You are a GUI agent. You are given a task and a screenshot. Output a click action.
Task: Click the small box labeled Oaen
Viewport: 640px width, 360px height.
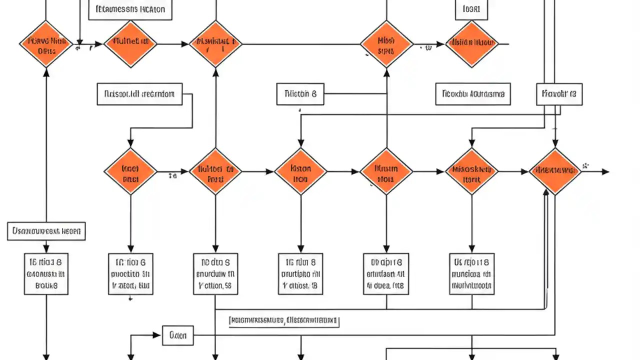[x=178, y=335]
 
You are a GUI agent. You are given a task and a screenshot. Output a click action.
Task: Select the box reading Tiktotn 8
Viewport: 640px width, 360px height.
[x=300, y=94]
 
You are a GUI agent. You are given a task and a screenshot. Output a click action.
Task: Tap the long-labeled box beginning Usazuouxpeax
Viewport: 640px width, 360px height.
[x=46, y=231]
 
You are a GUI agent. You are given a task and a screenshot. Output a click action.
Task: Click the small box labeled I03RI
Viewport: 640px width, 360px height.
[x=471, y=9]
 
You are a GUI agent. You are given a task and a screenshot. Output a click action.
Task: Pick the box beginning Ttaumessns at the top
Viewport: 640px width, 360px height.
[x=130, y=9]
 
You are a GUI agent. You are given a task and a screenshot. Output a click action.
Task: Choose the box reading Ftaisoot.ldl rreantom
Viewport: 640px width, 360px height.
[x=139, y=94]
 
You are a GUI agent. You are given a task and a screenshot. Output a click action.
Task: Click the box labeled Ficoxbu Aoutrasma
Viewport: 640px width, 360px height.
[x=473, y=94]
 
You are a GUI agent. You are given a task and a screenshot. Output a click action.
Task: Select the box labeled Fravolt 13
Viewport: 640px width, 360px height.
[x=559, y=94]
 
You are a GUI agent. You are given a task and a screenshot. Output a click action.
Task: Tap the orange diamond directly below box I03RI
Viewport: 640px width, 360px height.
[x=471, y=44]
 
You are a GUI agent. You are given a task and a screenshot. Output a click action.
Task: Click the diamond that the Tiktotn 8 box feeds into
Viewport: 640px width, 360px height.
[x=386, y=44]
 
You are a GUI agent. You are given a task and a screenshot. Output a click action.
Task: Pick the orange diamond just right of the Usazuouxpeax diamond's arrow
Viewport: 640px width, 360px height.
[x=130, y=44]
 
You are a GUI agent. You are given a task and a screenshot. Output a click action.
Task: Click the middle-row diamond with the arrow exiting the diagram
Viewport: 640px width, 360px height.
[x=555, y=171]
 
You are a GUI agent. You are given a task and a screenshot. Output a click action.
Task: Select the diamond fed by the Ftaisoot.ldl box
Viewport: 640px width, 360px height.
[x=130, y=171]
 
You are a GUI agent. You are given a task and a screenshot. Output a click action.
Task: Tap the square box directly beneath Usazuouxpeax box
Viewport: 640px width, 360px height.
[x=46, y=273]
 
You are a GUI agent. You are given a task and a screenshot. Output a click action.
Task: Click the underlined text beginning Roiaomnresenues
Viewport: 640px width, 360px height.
[x=283, y=321]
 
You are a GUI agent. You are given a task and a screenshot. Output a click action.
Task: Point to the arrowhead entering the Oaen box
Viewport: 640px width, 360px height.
[x=159, y=335]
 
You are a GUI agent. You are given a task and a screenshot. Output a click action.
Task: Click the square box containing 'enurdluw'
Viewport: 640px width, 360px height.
[x=215, y=273]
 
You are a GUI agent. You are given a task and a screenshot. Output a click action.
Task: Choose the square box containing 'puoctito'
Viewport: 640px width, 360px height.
[x=130, y=273]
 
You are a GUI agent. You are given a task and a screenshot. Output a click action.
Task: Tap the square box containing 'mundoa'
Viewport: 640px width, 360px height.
[x=471, y=273]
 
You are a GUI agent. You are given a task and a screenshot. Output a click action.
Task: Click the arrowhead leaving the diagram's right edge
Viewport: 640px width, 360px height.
[x=605, y=171]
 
